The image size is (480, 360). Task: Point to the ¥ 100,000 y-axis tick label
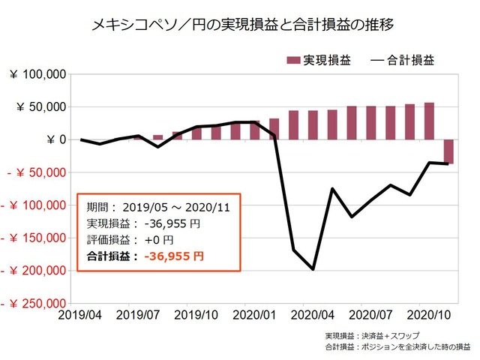[x=38, y=74]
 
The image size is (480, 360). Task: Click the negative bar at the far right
[x=448, y=151]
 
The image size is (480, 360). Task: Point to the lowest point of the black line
[x=313, y=268]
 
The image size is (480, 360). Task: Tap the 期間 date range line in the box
[x=154, y=206]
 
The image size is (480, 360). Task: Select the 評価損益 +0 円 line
[x=130, y=239]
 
